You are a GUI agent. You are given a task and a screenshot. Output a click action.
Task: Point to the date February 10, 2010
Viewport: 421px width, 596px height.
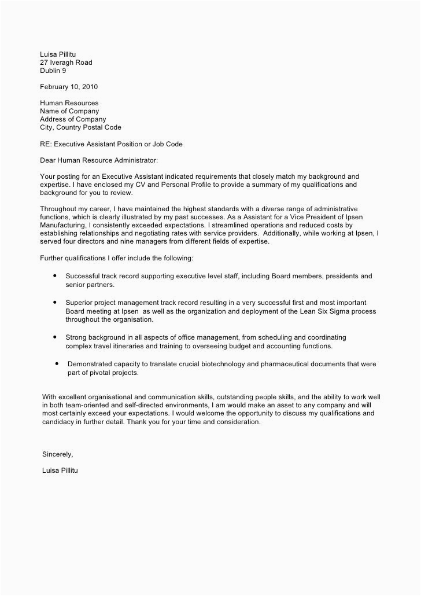point(68,87)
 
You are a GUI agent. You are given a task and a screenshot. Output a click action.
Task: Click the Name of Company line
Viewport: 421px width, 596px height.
point(69,111)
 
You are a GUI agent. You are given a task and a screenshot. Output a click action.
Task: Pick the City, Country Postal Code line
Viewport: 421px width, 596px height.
point(80,127)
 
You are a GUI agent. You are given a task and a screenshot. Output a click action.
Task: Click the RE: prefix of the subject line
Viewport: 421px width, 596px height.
point(45,144)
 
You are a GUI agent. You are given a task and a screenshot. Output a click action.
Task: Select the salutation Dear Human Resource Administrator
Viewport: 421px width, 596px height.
point(98,160)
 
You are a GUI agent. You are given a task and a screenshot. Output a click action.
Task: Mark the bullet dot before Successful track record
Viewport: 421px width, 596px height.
point(54,277)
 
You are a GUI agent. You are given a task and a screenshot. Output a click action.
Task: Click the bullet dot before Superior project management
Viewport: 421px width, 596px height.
point(54,303)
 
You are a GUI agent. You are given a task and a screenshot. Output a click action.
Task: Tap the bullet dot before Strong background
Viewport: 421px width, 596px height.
point(54,337)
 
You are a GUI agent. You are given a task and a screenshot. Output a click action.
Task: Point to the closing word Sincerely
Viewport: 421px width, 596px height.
point(58,454)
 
